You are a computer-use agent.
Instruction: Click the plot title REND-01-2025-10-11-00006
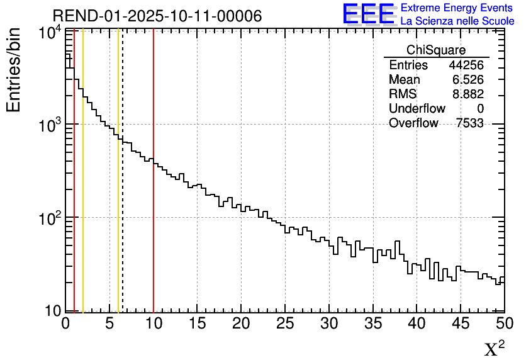coord(157,16)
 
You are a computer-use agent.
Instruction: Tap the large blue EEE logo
coord(368,14)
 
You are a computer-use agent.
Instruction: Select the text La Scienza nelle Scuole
coord(457,21)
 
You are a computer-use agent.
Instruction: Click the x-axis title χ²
coord(494,349)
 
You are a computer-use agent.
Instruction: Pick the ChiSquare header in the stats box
coord(436,50)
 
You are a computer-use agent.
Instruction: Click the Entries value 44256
coord(466,65)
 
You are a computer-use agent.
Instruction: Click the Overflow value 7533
coord(469,123)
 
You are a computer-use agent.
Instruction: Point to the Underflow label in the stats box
coord(417,109)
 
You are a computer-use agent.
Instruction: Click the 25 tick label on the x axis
coord(286,323)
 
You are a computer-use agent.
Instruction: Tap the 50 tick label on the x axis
coord(503,323)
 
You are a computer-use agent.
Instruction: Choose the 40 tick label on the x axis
coord(417,323)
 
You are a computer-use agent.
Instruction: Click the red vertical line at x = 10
coord(154,189)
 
